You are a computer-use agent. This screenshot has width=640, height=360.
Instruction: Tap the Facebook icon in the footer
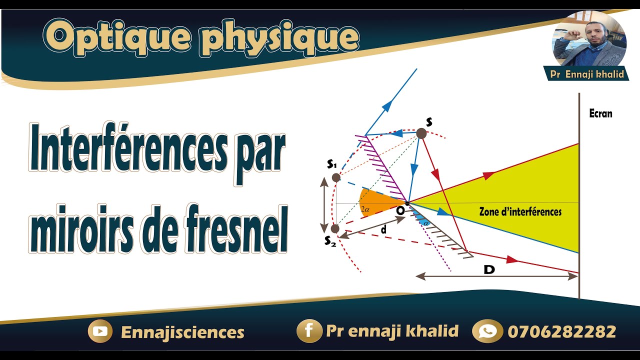(x=308, y=331)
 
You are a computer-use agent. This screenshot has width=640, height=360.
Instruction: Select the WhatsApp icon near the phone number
(x=487, y=331)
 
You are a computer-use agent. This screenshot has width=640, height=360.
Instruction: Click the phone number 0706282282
(x=561, y=331)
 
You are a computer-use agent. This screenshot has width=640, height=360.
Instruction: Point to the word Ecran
(x=600, y=113)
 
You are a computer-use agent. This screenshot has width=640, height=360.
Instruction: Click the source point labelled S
(x=421, y=133)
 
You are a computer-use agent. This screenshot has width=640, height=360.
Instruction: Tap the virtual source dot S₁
(x=336, y=177)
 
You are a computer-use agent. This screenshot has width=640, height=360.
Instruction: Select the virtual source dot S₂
(x=334, y=228)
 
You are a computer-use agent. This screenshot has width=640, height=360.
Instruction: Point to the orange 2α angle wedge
(x=375, y=202)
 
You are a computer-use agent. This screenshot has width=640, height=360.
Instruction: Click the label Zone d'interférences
(x=520, y=212)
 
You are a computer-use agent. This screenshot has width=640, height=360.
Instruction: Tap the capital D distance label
(x=489, y=270)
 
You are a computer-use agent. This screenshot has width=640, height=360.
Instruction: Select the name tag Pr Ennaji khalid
(x=586, y=74)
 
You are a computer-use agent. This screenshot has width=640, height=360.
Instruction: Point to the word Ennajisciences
(x=182, y=332)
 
